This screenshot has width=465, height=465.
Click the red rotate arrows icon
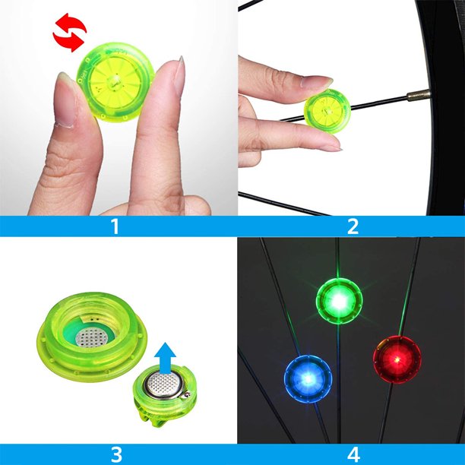pyautogui.click(x=70, y=33)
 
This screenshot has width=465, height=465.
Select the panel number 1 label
pyautogui.click(x=115, y=226)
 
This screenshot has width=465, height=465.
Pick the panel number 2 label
pyautogui.click(x=353, y=226)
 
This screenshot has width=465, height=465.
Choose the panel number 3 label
pyautogui.click(x=116, y=454)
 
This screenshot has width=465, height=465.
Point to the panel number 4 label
pyautogui.click(x=353, y=454)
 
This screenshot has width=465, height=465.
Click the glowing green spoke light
pyautogui.click(x=339, y=301)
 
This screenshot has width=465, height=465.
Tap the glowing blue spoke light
pyautogui.click(x=308, y=378)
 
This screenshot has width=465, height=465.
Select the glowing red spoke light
pyautogui.click(x=397, y=359)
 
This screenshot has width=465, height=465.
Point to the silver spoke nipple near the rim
pyautogui.click(x=419, y=95)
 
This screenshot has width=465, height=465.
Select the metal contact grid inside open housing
pyautogui.click(x=91, y=337)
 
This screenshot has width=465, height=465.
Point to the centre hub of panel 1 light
pyautogui.click(x=114, y=80)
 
